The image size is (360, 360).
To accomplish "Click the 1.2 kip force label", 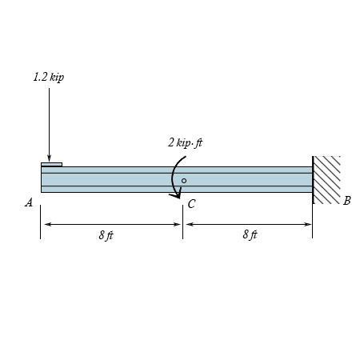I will coord(48,78).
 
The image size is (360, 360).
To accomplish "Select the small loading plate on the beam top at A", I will coord(51,165).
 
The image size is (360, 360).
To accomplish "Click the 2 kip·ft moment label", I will coord(185,142).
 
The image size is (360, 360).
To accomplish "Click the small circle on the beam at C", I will coord(183,181).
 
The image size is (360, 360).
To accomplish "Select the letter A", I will coord(29,203).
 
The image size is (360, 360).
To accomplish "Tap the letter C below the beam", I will coord(191,205).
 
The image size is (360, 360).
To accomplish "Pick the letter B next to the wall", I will coord(346,201).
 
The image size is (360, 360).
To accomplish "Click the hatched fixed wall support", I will coord(326,180).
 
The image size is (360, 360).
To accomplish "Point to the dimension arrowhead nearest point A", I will coord(46,225).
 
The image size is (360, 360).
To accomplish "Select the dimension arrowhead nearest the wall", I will coord(308,225).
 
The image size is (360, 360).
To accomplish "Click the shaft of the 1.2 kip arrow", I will coord(49,120).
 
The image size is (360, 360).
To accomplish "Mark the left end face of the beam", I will coord(42,179).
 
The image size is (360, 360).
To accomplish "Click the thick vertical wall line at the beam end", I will coord(313,179).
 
